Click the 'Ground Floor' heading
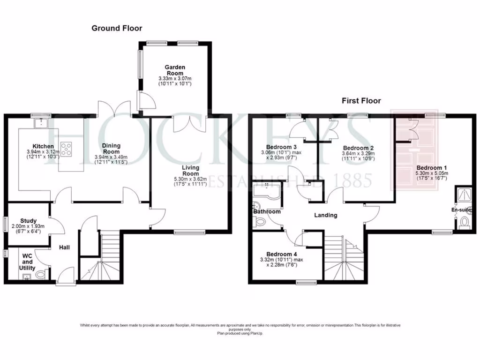[x=117, y=28]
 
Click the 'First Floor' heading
[x=361, y=100]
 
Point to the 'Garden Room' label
[x=175, y=67]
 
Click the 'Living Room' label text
[x=191, y=171]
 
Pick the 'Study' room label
[x=29, y=221]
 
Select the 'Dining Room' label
[x=111, y=149]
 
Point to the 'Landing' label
[x=325, y=215]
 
